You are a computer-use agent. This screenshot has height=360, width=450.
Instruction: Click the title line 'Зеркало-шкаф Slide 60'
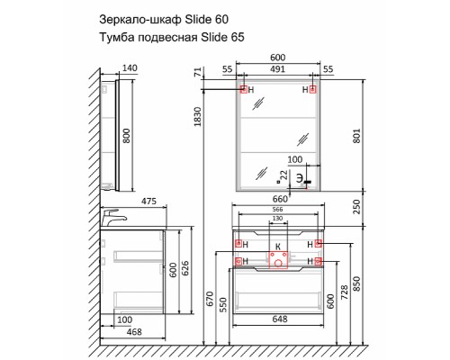pyautogui.click(x=169, y=17)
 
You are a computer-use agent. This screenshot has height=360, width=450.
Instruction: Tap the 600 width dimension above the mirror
pyautogui.click(x=278, y=57)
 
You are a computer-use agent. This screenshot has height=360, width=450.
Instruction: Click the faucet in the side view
pyautogui.click(x=112, y=218)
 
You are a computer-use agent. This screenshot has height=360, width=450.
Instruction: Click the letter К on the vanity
pyautogui.click(x=277, y=245)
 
